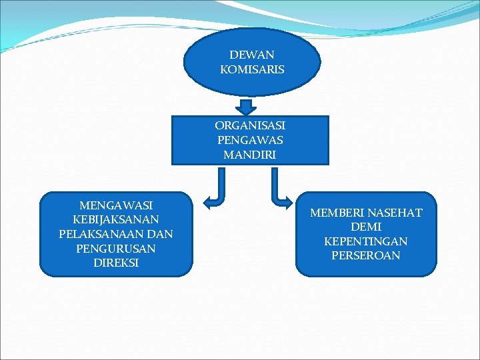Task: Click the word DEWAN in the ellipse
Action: [x=252, y=55]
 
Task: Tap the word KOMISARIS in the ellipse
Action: [x=252, y=69]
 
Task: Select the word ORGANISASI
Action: [x=250, y=125]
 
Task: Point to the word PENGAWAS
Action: [x=250, y=140]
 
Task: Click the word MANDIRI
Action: [x=250, y=155]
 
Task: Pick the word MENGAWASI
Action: [x=116, y=205]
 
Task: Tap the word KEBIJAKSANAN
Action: [x=116, y=219]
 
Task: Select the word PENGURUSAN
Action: [x=116, y=249]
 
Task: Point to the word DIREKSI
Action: [x=116, y=263]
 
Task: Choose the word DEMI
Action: [x=366, y=227]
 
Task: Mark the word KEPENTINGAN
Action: [x=366, y=241]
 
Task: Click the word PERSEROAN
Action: [x=366, y=255]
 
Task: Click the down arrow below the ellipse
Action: [x=247, y=107]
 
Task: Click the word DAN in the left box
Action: [x=159, y=234]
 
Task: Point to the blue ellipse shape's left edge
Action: [x=185, y=62]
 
